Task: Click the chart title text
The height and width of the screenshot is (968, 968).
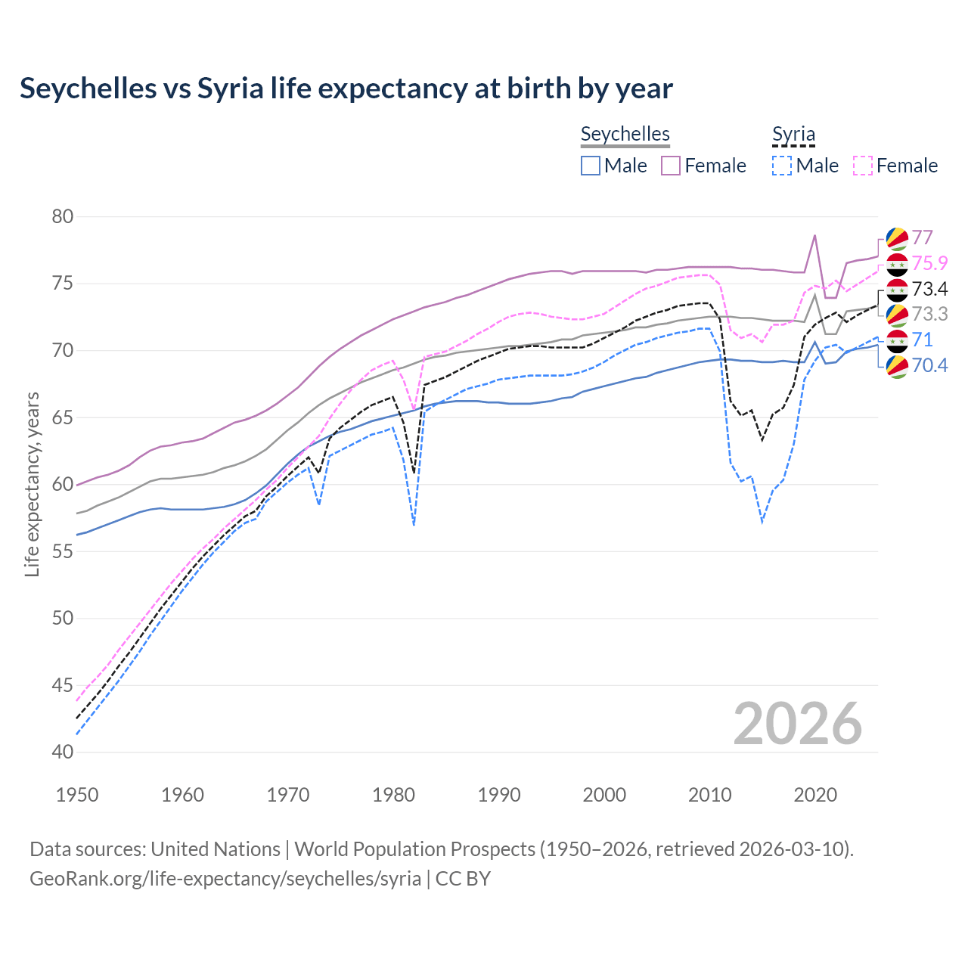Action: point(346,88)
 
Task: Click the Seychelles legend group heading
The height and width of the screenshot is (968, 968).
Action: point(625,134)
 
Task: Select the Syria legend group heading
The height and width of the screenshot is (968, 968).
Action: point(793,134)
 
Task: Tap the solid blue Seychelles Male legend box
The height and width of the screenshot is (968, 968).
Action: point(591,166)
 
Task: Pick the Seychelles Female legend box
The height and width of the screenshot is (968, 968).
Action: point(671,166)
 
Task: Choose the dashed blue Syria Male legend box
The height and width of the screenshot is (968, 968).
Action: point(782,166)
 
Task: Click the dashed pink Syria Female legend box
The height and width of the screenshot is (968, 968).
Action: point(863,166)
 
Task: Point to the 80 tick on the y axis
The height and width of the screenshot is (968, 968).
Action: point(63,217)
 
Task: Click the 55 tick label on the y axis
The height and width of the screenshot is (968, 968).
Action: point(63,551)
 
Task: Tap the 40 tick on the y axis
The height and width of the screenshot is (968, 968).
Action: point(63,752)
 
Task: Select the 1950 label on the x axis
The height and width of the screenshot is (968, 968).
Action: point(77,795)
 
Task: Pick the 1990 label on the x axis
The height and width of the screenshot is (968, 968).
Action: point(499,795)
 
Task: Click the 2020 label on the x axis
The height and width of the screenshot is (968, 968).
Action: point(815,795)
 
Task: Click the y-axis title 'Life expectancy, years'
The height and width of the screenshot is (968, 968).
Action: point(33,484)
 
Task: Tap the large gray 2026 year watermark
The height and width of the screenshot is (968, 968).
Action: point(798,724)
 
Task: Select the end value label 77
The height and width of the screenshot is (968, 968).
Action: point(922,237)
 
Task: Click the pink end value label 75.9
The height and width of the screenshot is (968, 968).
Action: point(929,263)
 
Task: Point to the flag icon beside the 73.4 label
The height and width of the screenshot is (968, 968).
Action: point(897,290)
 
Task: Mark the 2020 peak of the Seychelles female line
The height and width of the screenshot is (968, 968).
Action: point(814,235)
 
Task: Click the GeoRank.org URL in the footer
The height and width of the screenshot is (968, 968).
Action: point(225,879)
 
